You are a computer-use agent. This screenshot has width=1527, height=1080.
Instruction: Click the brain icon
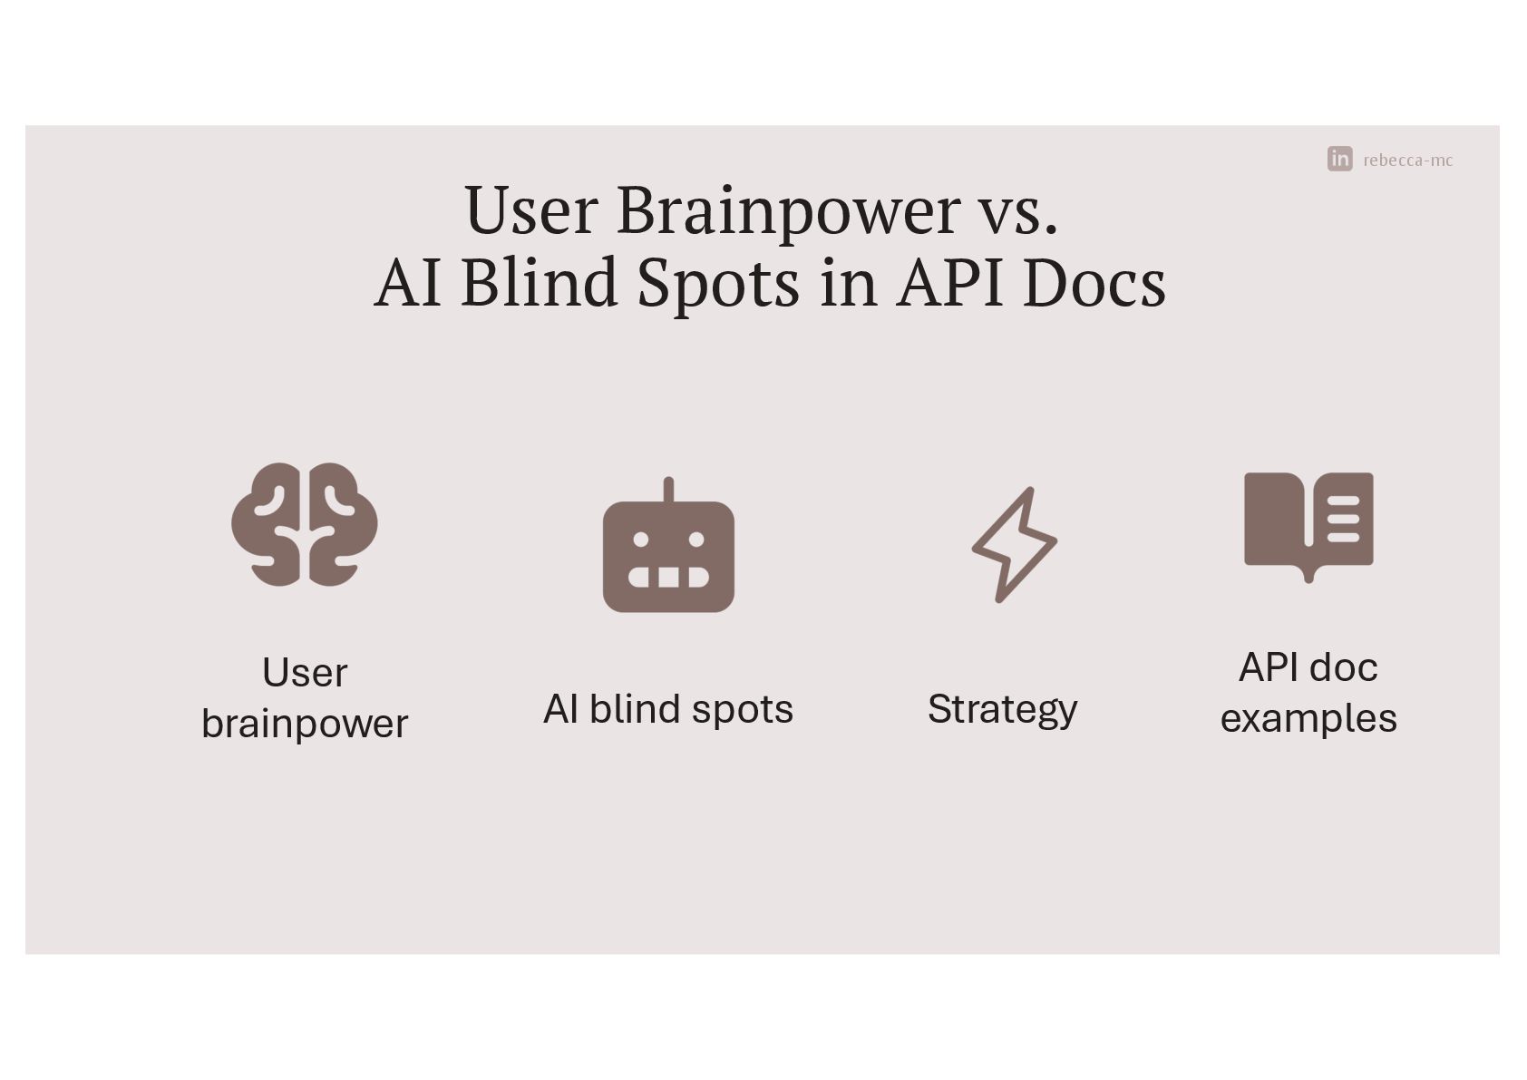[305, 524]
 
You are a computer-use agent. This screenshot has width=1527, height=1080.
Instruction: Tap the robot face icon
[668, 553]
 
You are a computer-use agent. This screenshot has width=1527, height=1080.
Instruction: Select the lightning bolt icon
[1014, 545]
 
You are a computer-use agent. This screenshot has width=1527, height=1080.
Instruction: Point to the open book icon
[1308, 524]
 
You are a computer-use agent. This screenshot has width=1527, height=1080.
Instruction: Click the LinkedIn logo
[1339, 159]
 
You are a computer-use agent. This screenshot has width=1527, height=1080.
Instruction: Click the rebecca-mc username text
[1407, 161]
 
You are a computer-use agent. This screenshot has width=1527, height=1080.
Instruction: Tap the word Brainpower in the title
[788, 210]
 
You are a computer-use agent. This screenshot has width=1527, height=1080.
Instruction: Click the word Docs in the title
[1094, 282]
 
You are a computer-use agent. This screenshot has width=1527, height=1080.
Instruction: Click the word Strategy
[1002, 709]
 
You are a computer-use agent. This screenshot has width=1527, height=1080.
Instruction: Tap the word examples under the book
[1308, 718]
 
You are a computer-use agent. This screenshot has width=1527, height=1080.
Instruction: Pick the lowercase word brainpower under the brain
[305, 724]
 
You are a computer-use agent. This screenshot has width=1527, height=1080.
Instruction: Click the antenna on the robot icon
[668, 490]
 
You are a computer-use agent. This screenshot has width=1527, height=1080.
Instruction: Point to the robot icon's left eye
[640, 540]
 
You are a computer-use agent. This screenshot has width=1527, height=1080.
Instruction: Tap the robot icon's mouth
[668, 577]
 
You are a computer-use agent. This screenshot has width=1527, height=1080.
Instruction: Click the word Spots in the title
[718, 282]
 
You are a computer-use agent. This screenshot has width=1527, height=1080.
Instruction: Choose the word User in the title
[531, 210]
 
